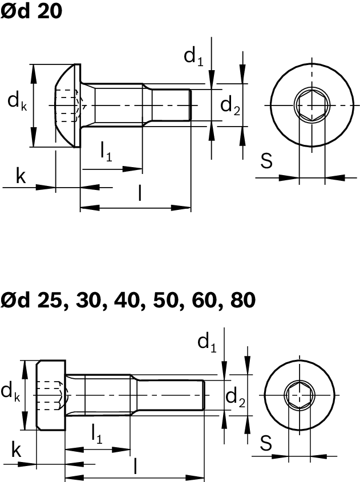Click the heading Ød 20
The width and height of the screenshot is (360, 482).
(x=31, y=11)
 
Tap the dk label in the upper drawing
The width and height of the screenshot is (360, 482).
(x=17, y=102)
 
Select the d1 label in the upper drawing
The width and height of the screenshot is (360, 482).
(x=193, y=56)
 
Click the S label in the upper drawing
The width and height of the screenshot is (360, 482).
(x=266, y=161)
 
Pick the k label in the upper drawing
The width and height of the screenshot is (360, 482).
(x=21, y=177)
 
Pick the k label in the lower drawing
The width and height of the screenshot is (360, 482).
(x=17, y=451)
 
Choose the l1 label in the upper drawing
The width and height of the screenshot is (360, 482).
(x=106, y=152)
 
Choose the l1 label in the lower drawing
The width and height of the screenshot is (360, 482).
(x=97, y=435)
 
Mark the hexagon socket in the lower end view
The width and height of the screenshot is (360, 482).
(x=299, y=394)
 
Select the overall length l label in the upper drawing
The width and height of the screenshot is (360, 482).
(x=140, y=194)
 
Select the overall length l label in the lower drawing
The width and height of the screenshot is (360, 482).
(x=135, y=467)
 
